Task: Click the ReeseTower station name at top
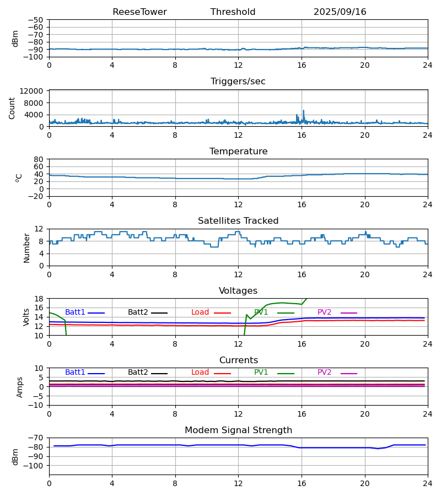click(139, 12)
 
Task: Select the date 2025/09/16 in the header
click(340, 12)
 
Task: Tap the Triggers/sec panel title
click(238, 82)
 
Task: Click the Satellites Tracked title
click(238, 221)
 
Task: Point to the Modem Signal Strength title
click(238, 430)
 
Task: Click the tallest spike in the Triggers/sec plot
click(303, 111)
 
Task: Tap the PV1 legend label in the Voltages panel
click(261, 312)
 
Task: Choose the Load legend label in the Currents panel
click(200, 373)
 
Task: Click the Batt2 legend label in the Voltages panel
click(138, 312)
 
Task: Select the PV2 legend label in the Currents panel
click(324, 373)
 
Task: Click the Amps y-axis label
click(20, 387)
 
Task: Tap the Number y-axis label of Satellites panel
click(27, 247)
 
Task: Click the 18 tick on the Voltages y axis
click(39, 299)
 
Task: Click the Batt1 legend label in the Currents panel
click(75, 373)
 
